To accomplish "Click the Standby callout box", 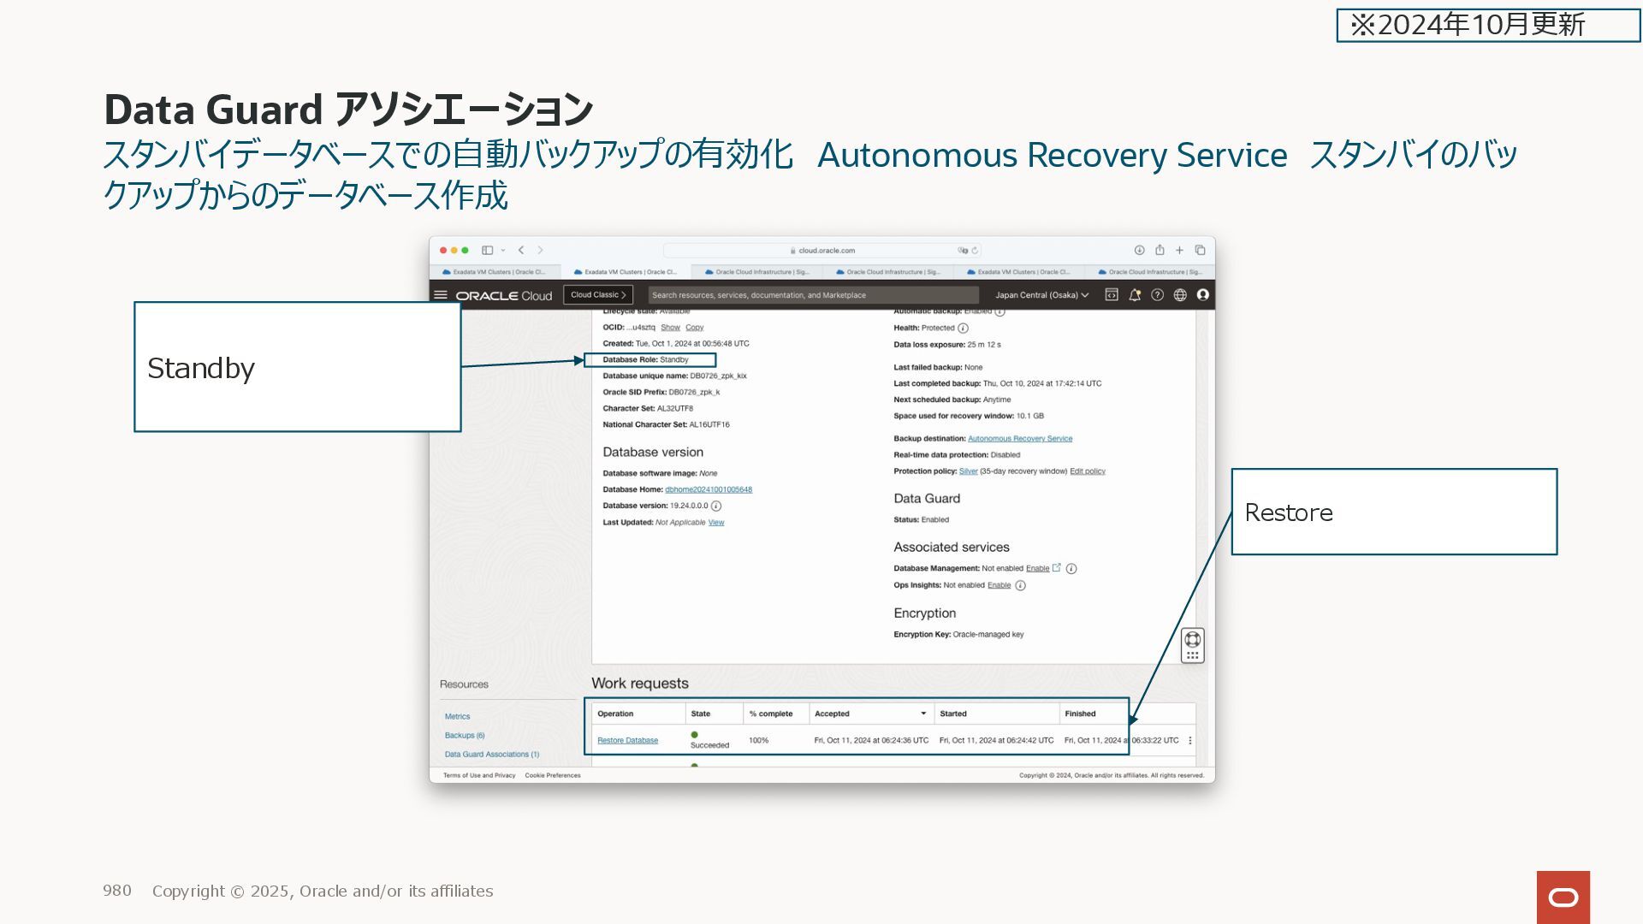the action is [x=297, y=366].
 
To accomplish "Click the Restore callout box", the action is [x=1393, y=512].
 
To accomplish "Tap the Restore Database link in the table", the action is [x=627, y=740].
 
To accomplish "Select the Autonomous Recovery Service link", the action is [x=1019, y=438].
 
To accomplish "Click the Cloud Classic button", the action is [x=597, y=294].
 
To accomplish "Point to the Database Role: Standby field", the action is [x=649, y=359].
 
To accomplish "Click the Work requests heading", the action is [x=639, y=683].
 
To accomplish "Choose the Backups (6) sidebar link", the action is [x=464, y=735].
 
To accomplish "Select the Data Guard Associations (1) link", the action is [x=491, y=754].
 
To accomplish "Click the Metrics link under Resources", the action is [x=457, y=716].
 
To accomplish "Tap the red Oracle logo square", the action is [x=1563, y=897].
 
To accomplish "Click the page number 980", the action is [x=117, y=891].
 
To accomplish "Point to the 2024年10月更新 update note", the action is [x=1487, y=25].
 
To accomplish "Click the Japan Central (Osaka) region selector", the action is [x=1041, y=294].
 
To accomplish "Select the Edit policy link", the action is [x=1087, y=471].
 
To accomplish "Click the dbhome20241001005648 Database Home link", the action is [x=708, y=489].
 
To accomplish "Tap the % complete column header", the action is [x=770, y=713].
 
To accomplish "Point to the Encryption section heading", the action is [x=924, y=613].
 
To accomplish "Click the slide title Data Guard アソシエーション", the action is [x=347, y=110].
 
